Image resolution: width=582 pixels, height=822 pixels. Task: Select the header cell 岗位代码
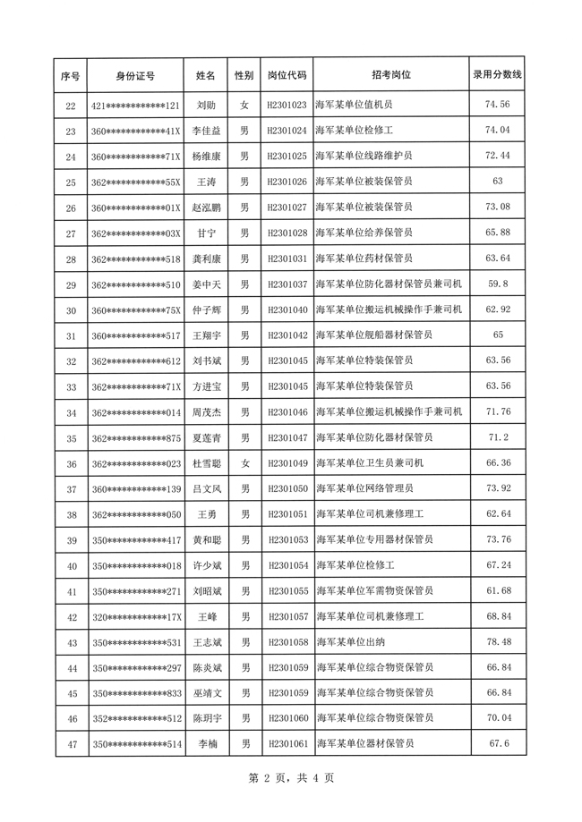(x=287, y=76)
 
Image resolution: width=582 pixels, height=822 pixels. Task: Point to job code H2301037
(x=287, y=284)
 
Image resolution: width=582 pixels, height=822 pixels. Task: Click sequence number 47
(x=72, y=744)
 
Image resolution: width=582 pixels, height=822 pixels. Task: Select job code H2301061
(x=287, y=744)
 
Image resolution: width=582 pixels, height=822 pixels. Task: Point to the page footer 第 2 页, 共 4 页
(x=290, y=778)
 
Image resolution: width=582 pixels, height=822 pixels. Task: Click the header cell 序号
(x=72, y=76)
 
